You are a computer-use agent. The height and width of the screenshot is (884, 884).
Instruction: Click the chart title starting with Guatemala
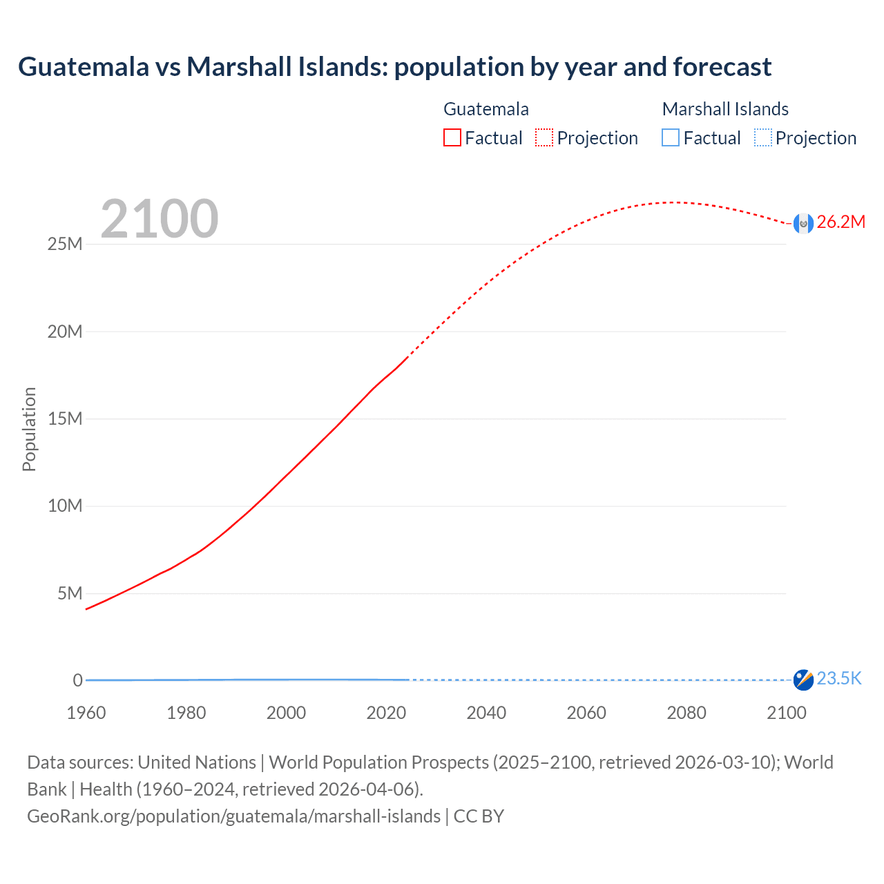394,67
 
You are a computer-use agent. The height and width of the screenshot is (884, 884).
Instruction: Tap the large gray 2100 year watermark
160,219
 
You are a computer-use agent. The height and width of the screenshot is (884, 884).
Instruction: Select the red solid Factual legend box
452,138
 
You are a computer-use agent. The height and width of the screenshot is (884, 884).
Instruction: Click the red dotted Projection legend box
544,138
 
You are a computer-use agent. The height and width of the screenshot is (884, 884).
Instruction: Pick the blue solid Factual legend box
670,138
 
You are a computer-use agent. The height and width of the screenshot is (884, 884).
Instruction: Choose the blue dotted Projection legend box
762,138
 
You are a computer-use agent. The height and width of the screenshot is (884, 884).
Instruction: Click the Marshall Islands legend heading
725,109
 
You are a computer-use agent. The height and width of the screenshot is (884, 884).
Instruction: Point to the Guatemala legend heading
486,109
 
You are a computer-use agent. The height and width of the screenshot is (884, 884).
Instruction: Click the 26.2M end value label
840,222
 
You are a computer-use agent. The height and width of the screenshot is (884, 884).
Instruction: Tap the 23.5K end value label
839,679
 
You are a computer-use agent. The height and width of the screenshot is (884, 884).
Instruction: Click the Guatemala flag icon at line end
803,223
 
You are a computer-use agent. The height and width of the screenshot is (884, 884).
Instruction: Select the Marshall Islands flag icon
803,680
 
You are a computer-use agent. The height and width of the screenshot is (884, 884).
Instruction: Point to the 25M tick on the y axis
65,244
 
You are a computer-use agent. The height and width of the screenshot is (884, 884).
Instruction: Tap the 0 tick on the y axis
78,680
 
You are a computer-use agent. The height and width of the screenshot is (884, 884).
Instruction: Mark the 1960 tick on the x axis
86,713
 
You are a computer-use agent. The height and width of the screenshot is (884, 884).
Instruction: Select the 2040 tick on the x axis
486,713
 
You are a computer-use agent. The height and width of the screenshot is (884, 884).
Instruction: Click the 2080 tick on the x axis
686,713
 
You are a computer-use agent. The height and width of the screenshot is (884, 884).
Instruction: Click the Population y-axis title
29,429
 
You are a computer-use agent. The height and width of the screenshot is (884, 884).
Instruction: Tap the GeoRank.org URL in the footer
233,816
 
